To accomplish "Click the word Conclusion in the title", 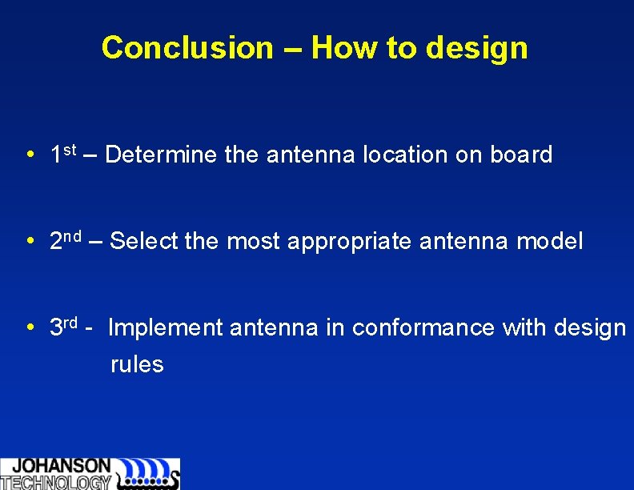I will (187, 48).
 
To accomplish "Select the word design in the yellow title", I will (477, 48).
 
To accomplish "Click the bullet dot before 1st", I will (29, 155).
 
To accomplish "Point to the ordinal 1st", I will (62, 153).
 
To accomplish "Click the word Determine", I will (161, 155).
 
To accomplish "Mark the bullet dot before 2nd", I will (29, 241).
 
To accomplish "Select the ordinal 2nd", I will (64, 239).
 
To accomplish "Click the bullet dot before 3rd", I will (29, 327).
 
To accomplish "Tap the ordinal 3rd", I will (63, 326).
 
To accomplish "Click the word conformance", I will (423, 327).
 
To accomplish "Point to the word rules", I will (137, 365).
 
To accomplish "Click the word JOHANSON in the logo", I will (62, 466).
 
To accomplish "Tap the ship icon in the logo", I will (148, 474).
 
